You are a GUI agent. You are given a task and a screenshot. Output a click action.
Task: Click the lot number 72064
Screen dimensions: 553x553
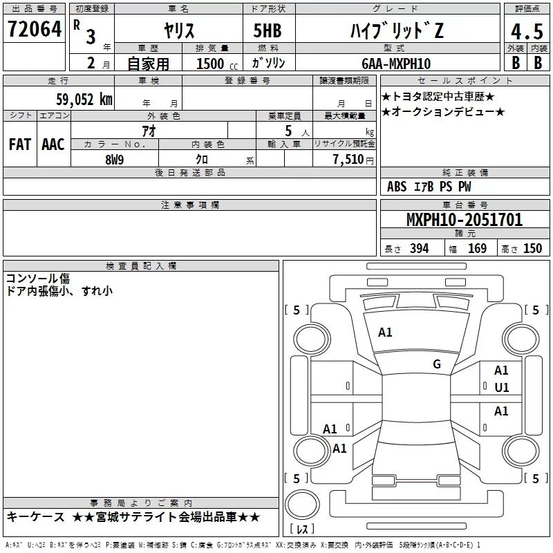click(35, 29)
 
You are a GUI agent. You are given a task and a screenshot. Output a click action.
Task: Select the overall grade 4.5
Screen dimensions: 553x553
click(527, 32)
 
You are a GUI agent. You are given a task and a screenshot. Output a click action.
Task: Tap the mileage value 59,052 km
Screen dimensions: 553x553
click(84, 100)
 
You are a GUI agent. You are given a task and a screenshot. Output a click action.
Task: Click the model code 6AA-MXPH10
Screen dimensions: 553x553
click(396, 64)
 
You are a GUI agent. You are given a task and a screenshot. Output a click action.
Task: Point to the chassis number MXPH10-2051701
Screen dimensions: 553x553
click(465, 219)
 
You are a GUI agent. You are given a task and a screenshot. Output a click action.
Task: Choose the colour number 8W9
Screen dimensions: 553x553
click(115, 160)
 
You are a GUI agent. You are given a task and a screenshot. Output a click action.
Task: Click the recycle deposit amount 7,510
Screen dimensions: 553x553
click(348, 160)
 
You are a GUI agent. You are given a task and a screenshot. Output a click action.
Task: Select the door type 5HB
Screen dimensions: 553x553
click(268, 30)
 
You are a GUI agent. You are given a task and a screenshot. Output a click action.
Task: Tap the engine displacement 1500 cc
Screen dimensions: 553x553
click(217, 64)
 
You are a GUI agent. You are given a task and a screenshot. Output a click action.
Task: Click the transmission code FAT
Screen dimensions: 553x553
click(20, 144)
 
